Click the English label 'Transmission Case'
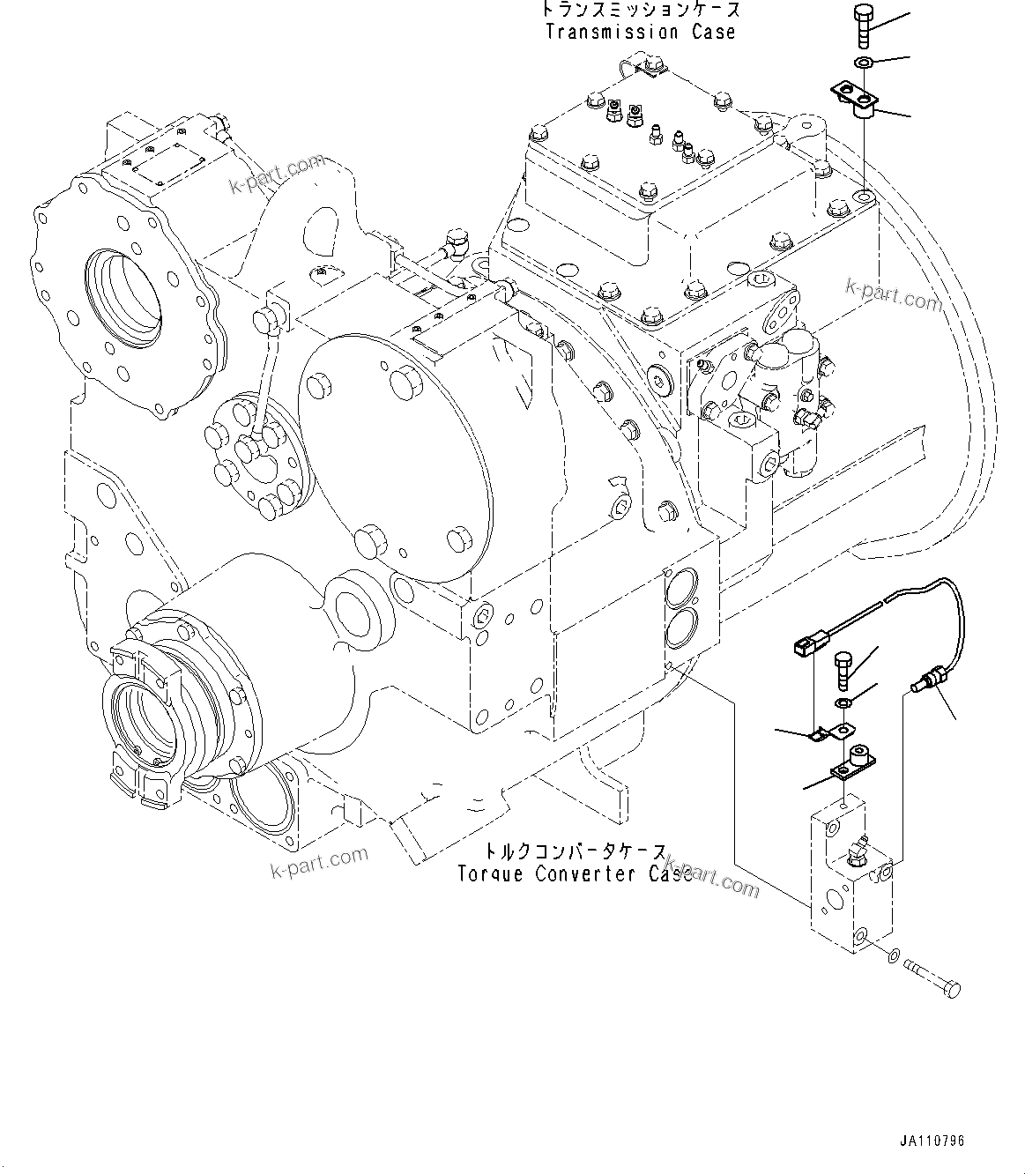(640, 33)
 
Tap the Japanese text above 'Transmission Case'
(640, 11)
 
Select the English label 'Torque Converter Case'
(575, 873)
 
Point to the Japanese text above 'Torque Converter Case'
(575, 852)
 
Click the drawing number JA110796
(932, 1141)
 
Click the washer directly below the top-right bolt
(864, 62)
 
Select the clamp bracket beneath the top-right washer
(855, 99)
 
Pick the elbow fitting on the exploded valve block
(855, 851)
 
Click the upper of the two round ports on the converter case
(681, 586)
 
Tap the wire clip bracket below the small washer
(833, 731)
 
